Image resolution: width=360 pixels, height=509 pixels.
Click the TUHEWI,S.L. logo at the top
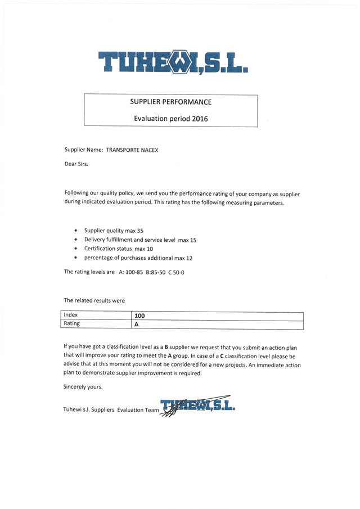coord(173,62)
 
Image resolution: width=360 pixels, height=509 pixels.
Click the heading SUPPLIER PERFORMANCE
coord(170,102)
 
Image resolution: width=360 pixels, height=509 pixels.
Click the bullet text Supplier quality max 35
coord(114,231)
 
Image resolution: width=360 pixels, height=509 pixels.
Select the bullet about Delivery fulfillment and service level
coord(140,240)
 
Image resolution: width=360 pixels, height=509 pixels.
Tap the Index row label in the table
coord(71,315)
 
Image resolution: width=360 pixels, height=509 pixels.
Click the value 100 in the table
coord(140,316)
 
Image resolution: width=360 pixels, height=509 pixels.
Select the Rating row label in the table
coord(72,324)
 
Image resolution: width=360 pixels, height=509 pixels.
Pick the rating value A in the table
coord(136,325)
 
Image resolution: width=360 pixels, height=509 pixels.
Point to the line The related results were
coord(94,300)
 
